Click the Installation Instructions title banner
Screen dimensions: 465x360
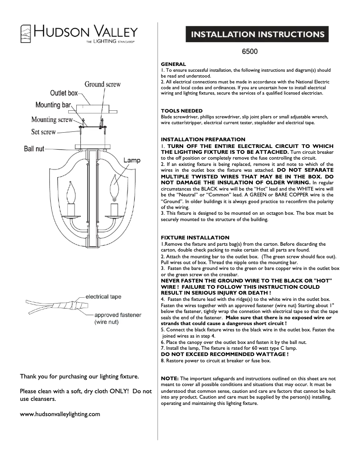[x=258, y=35]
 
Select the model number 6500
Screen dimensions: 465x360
[x=250, y=52]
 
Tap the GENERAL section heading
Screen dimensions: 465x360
[x=173, y=65]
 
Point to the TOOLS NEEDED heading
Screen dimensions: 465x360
[x=182, y=111]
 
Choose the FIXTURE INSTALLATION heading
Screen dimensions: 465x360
[x=195, y=237]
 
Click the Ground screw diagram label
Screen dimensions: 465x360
[x=103, y=84]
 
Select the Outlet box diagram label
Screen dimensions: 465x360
[x=64, y=93]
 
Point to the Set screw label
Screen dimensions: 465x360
[x=44, y=132]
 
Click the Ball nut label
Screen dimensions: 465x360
[x=34, y=148]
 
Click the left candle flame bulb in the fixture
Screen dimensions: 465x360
[x=70, y=193]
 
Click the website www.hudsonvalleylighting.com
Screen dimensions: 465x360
[x=60, y=414]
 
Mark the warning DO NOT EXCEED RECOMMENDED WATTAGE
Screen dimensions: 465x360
[x=224, y=354]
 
